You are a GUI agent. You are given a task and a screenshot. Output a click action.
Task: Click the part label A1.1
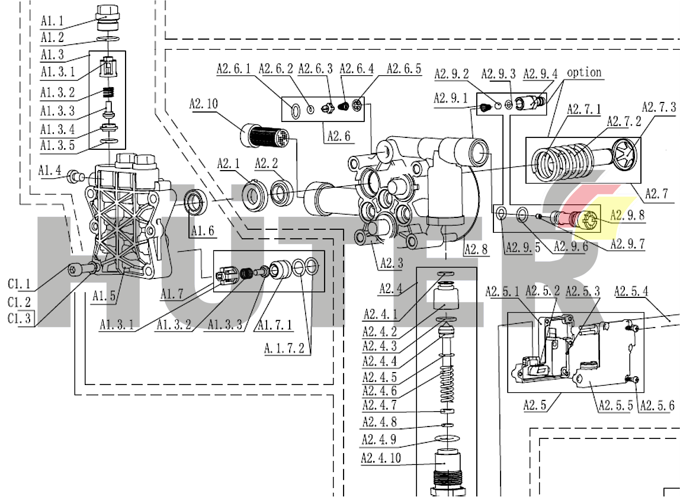(x=53, y=21)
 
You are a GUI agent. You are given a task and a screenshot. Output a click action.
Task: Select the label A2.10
(x=204, y=104)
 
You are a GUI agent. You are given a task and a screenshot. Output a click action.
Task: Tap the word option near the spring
(x=584, y=73)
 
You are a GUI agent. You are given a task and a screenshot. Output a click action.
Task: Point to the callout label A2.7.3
(x=659, y=108)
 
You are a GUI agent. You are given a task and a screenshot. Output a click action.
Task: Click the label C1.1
(x=20, y=284)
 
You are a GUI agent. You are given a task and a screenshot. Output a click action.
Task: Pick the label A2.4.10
(x=380, y=458)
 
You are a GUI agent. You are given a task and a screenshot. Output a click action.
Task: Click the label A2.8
(x=476, y=249)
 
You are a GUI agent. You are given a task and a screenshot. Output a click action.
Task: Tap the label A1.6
(x=202, y=230)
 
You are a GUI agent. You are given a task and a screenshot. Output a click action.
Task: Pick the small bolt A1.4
(x=75, y=175)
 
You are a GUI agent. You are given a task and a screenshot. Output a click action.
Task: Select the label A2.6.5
(x=404, y=69)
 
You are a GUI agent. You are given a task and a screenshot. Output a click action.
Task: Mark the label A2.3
(x=391, y=264)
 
